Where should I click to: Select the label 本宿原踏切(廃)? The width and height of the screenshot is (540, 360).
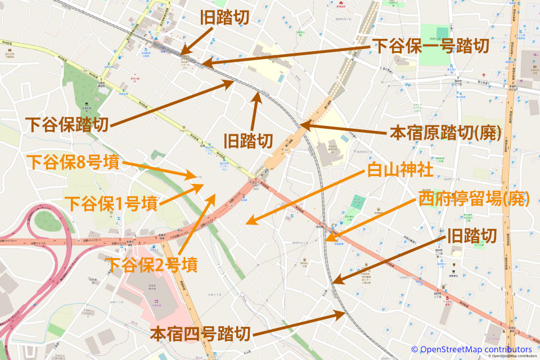click(445, 134)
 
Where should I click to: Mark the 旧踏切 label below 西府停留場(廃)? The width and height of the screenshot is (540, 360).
click(471, 236)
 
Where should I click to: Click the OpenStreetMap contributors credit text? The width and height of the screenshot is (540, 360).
click(471, 349)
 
